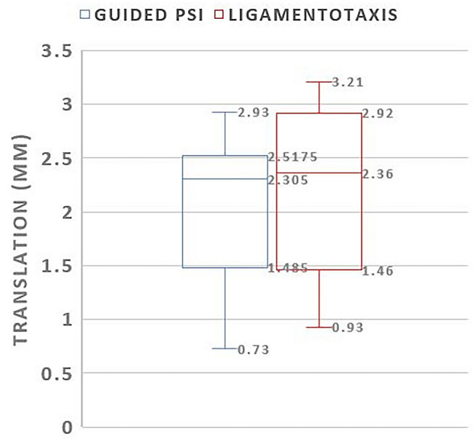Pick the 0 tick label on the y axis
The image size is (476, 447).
click(x=66, y=427)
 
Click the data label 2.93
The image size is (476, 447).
click(x=254, y=113)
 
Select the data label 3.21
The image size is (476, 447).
click(x=347, y=82)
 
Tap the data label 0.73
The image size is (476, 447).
click(x=254, y=350)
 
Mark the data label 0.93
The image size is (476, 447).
click(x=347, y=328)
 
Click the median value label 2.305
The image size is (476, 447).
click(x=288, y=180)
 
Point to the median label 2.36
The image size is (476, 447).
click(x=378, y=174)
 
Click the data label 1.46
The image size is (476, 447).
click(x=378, y=272)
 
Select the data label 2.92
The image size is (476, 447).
click(x=378, y=114)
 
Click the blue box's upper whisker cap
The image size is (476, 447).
click(x=225, y=112)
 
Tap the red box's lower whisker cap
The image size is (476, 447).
click(x=319, y=327)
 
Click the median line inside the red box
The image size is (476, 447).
click(x=319, y=173)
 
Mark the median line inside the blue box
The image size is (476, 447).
click(x=225, y=178)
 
